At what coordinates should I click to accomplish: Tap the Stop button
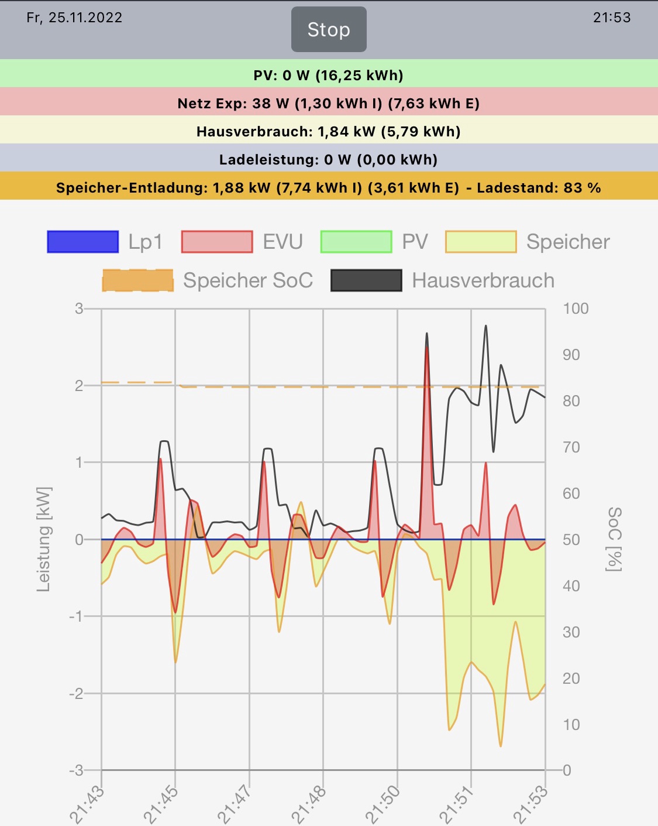click(329, 29)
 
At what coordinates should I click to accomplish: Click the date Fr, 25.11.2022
click(74, 18)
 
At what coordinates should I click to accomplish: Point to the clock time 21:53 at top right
click(612, 18)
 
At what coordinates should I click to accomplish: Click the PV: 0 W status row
click(329, 75)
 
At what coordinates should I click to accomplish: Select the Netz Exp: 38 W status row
click(329, 104)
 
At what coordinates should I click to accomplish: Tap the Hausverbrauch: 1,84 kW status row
click(329, 132)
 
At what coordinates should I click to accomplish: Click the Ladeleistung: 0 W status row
click(329, 160)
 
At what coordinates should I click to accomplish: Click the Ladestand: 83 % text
click(539, 188)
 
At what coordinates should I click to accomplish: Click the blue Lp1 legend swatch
click(83, 242)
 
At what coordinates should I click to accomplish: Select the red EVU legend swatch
click(217, 242)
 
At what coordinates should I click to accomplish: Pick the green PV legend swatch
click(356, 242)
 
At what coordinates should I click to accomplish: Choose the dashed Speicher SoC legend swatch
click(138, 280)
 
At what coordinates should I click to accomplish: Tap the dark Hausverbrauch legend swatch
click(366, 280)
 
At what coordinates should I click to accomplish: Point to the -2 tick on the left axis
click(76, 694)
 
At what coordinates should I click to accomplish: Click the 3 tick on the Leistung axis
click(79, 309)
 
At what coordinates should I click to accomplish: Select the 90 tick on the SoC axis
click(571, 355)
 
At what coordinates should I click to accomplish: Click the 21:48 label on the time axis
click(308, 806)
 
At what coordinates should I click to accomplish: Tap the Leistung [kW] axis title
click(44, 539)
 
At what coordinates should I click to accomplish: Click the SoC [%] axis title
click(614, 539)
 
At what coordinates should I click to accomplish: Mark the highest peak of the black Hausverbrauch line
click(485, 326)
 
